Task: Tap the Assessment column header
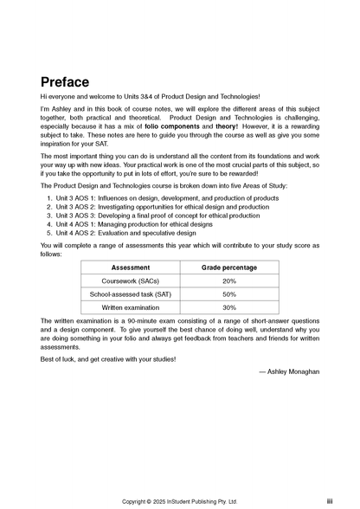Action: click(x=131, y=268)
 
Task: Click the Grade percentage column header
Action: click(x=229, y=268)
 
